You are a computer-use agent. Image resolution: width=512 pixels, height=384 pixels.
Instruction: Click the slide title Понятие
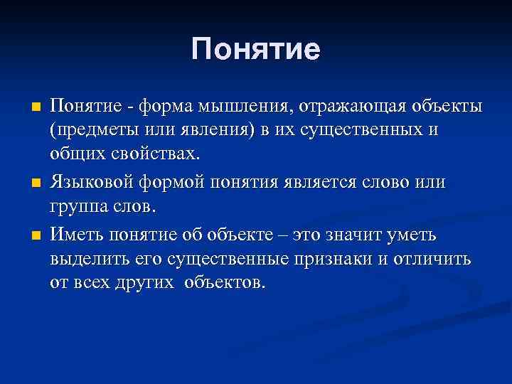(x=256, y=50)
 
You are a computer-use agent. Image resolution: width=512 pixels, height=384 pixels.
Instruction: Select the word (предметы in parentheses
(x=92, y=130)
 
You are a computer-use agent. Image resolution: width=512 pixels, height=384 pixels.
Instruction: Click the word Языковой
(x=92, y=181)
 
